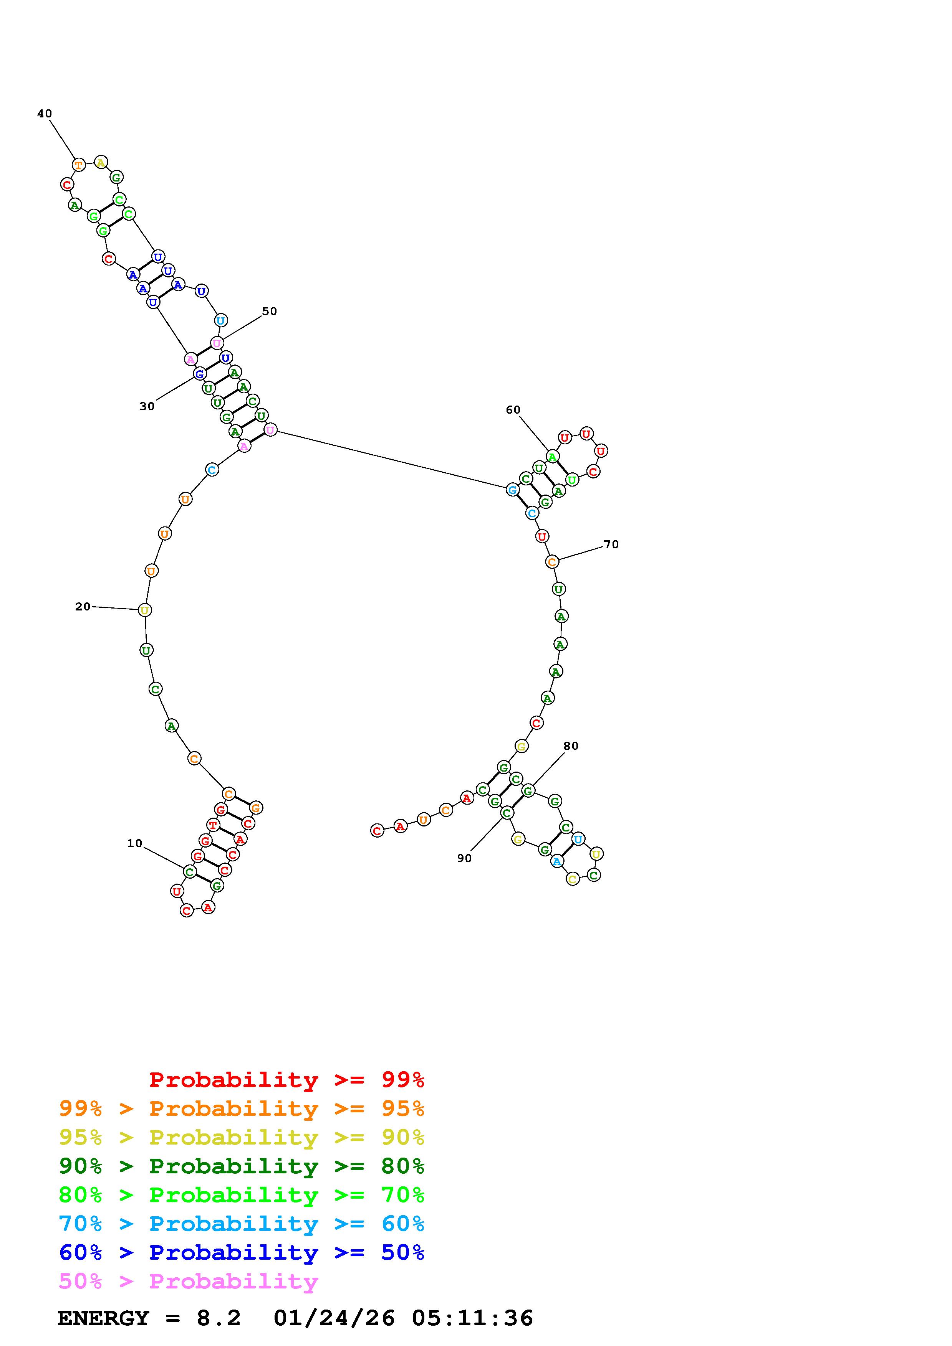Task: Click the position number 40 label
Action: (x=45, y=114)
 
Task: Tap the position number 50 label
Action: (x=269, y=311)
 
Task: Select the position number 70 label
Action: (x=611, y=544)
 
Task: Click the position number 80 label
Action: (x=571, y=746)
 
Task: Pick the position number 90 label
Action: (x=464, y=858)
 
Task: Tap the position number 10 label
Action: (x=135, y=844)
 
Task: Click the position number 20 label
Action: (x=83, y=607)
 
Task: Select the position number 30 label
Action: (x=147, y=406)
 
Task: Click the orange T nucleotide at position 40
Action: (x=79, y=165)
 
